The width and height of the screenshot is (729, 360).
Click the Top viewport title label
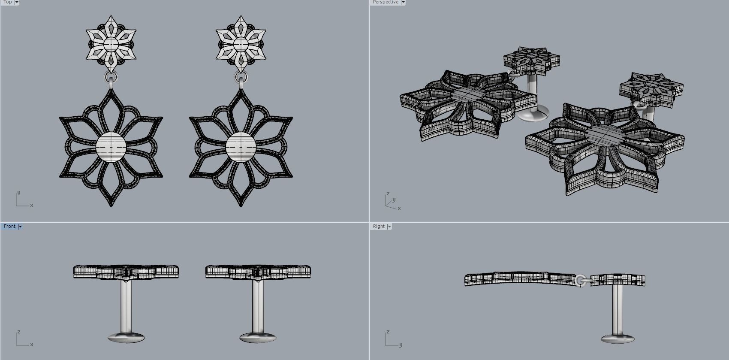(7, 2)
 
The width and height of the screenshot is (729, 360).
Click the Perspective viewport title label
(386, 2)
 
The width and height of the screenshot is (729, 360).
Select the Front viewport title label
(9, 226)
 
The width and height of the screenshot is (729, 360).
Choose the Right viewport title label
(379, 226)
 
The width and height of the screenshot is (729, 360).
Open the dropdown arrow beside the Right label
(389, 227)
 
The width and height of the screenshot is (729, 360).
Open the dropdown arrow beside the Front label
(20, 227)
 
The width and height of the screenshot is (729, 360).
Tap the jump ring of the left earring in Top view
(111, 78)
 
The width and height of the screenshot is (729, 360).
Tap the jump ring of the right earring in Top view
(241, 78)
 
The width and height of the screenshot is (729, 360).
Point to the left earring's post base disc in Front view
(126, 337)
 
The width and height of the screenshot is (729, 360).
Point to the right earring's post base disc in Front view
(258, 337)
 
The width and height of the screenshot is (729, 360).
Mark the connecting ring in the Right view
(581, 280)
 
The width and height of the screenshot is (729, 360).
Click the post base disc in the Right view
(618, 339)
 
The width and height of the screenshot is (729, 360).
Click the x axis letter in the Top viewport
(32, 205)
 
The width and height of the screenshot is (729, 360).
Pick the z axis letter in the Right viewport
(388, 332)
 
